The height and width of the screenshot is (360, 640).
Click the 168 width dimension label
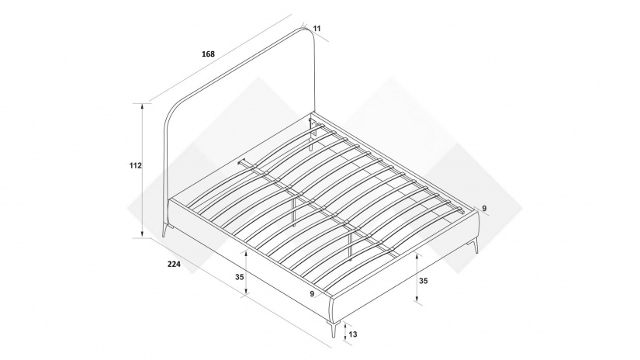(208, 54)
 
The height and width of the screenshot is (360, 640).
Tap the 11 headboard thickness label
(317, 29)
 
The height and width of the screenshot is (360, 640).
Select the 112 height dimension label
(135, 166)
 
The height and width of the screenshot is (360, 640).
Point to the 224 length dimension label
(174, 264)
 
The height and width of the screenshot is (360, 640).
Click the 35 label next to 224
(240, 277)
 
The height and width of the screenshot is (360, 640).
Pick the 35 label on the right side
(424, 281)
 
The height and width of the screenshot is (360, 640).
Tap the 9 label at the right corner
(485, 209)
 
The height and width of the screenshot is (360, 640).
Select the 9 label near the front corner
(313, 293)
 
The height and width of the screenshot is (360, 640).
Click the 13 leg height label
(353, 334)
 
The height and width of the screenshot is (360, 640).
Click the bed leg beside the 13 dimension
(334, 329)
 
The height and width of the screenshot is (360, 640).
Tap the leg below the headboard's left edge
(166, 230)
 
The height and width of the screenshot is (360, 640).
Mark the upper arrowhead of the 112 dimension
(142, 106)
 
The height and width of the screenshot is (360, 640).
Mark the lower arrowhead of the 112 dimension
(142, 234)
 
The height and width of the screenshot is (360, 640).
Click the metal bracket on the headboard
(313, 128)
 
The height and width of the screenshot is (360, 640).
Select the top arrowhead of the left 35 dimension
(246, 254)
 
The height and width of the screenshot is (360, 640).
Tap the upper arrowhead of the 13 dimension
(346, 325)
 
